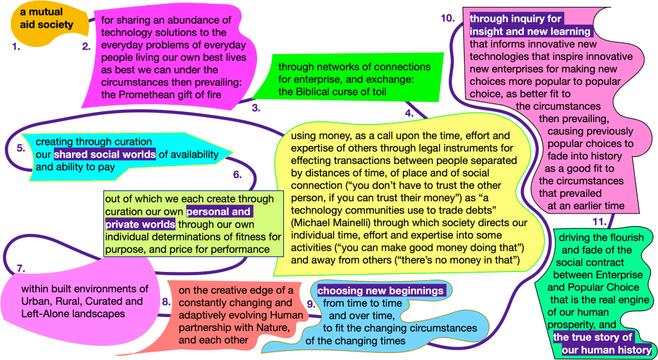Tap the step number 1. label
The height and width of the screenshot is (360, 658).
pyautogui.click(x=16, y=47)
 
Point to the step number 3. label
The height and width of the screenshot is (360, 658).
pyautogui.click(x=255, y=107)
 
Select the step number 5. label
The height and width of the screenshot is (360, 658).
pyautogui.click(x=21, y=148)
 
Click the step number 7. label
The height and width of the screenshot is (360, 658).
pyautogui.click(x=20, y=267)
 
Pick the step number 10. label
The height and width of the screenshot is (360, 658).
pyautogui.click(x=447, y=18)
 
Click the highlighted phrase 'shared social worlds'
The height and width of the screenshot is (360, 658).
pyautogui.click(x=105, y=154)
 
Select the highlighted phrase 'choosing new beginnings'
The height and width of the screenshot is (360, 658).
pyautogui.click(x=380, y=291)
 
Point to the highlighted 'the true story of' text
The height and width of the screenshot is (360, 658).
pyautogui.click(x=593, y=337)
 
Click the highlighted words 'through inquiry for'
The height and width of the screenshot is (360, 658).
pyautogui.click(x=516, y=19)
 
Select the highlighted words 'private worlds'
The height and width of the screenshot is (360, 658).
pyautogui.click(x=139, y=224)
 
